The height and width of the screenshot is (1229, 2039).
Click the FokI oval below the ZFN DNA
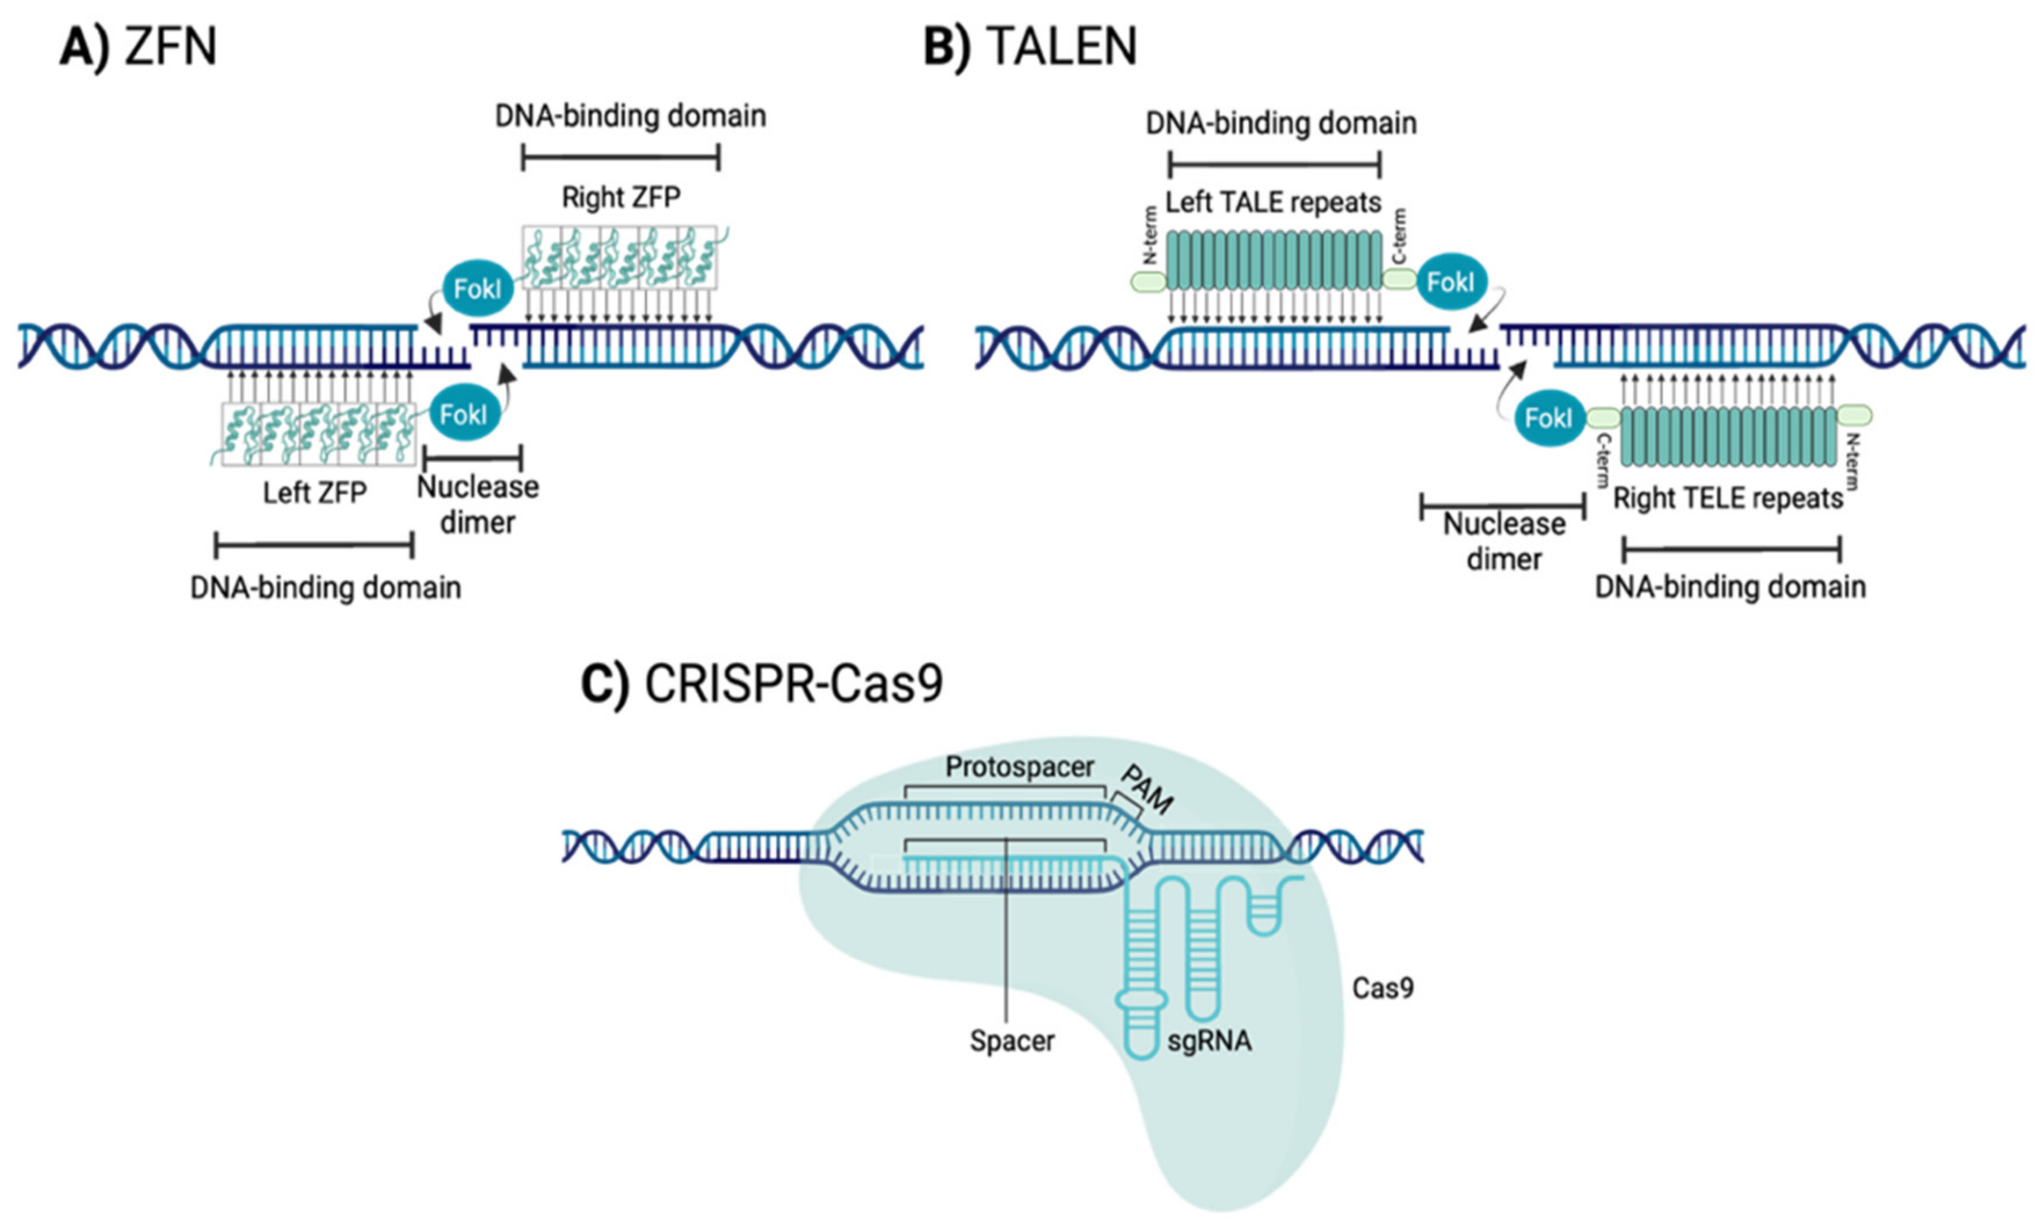click(465, 413)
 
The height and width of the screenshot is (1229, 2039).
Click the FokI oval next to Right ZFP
click(477, 289)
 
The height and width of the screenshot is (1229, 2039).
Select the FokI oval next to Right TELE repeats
click(1547, 417)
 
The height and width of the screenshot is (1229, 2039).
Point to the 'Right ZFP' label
click(621, 198)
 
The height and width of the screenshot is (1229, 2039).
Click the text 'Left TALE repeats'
click(1273, 203)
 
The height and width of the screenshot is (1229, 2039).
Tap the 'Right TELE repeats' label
click(1728, 498)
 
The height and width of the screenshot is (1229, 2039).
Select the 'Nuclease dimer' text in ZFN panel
click(477, 504)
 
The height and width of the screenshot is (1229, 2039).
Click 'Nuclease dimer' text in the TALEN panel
click(1504, 541)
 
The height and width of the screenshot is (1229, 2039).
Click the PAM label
click(1146, 789)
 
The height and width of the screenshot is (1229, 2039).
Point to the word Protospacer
click(1019, 767)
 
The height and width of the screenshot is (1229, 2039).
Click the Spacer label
click(1011, 1041)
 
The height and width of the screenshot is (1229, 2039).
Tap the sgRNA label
click(1209, 1041)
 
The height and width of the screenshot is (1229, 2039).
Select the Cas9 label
click(1382, 987)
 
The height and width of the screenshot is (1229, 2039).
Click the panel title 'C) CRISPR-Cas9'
click(761, 684)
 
